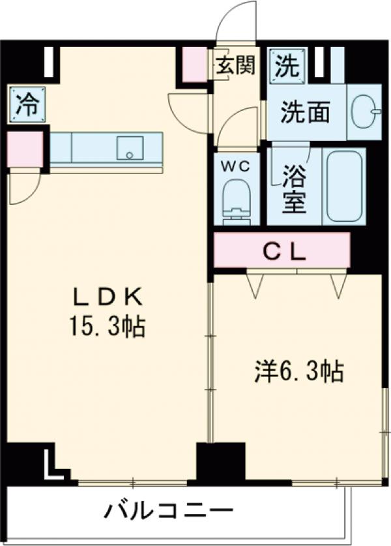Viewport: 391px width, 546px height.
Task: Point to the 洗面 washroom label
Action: pyautogui.click(x=305, y=112)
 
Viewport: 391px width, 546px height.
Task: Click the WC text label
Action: pyautogui.click(x=235, y=166)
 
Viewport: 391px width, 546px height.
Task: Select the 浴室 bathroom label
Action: pyautogui.click(x=295, y=188)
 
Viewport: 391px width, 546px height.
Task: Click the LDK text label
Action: pyautogui.click(x=107, y=297)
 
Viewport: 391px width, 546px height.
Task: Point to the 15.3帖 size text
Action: pyautogui.click(x=107, y=326)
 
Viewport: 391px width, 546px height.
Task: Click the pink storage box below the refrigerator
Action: pyautogui.click(x=24, y=149)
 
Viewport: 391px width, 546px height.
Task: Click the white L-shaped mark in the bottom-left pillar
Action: pyautogui.click(x=51, y=464)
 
